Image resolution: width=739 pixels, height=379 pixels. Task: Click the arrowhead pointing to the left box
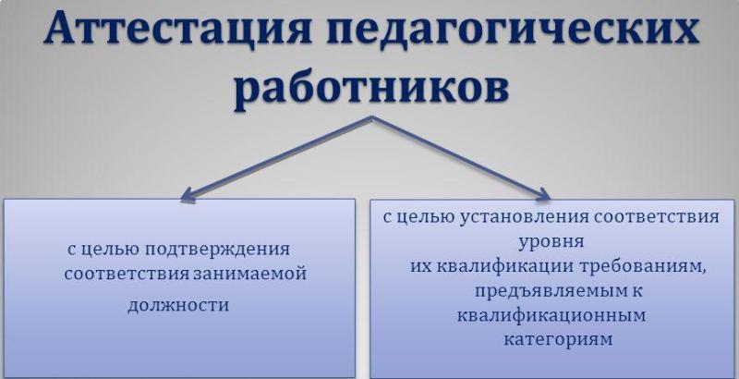pos(188,196)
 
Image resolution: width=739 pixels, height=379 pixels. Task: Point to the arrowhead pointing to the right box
pos(543,194)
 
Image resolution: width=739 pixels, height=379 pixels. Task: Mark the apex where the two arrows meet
pos(372,117)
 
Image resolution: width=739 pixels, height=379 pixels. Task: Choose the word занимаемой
pos(249,274)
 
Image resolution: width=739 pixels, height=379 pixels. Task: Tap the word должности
pos(178,305)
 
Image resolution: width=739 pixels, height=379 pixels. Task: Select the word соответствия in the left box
pos(127,274)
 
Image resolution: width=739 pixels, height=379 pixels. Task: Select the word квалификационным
pos(551,315)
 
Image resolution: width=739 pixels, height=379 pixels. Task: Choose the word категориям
pos(558,340)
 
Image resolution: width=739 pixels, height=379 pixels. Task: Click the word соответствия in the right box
pos(657,217)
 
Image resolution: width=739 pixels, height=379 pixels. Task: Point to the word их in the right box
pos(421,267)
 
